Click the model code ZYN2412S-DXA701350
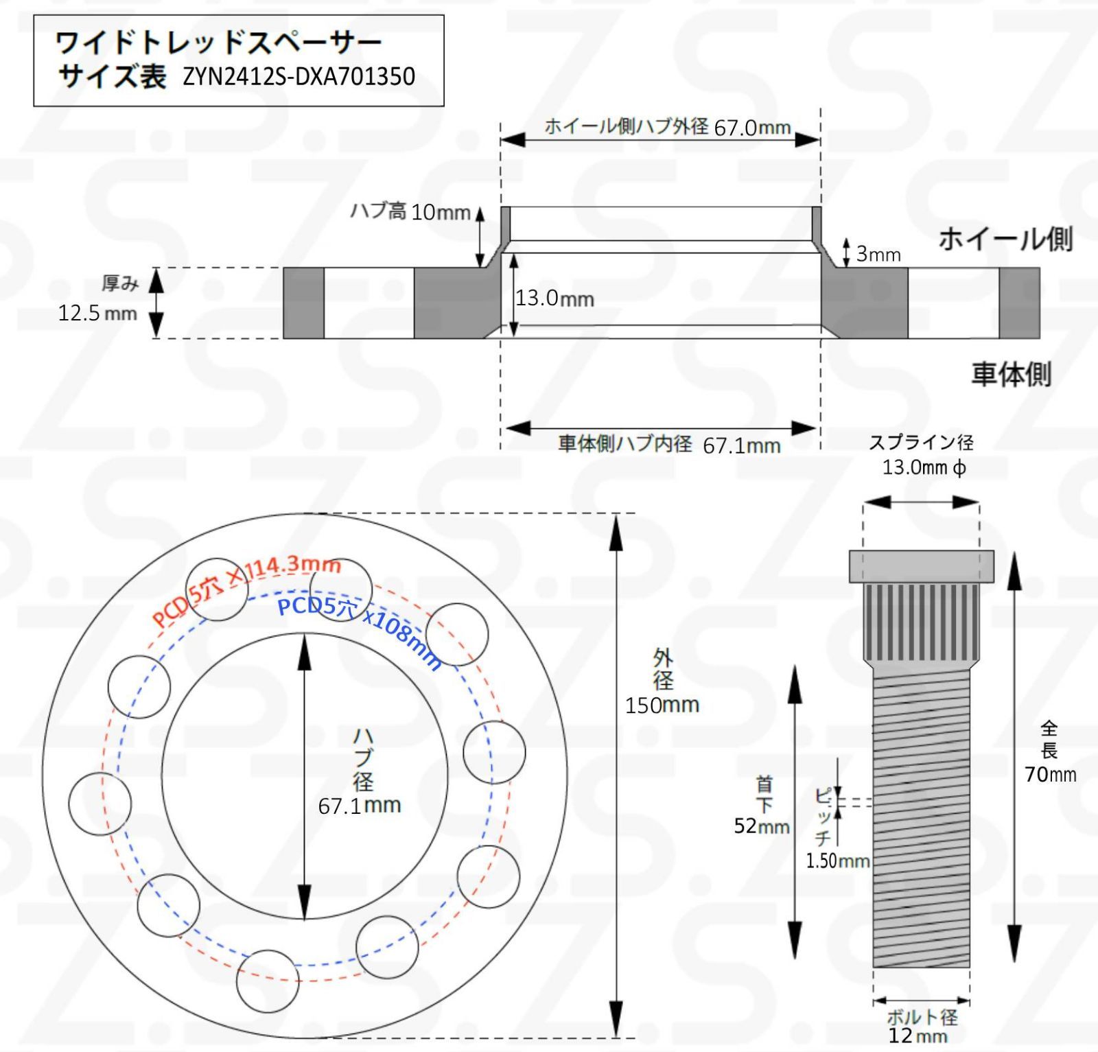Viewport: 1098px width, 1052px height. coord(299,76)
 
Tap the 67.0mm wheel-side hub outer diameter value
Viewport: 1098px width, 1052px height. coord(752,128)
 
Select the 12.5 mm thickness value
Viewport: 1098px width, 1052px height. coord(97,314)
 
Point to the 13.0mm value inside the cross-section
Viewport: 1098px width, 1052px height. coord(554,299)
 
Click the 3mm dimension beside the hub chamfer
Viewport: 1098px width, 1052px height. coord(878,255)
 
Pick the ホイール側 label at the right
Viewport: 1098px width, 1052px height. coord(1005,239)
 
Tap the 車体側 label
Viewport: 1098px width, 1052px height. coord(1011,375)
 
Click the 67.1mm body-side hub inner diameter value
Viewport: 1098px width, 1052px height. coord(741,446)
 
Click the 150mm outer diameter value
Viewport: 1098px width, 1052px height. coord(662,705)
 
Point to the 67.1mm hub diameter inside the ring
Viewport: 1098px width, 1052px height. coord(359,806)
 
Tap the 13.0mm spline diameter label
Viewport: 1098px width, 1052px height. coord(924,468)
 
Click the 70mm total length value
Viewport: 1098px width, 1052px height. coord(1050,775)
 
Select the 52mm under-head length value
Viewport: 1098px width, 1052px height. coord(761,826)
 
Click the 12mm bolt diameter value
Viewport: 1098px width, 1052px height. coord(917,1036)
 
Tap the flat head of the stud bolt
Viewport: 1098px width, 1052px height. coord(921,566)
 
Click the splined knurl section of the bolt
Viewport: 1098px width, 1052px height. coord(921,622)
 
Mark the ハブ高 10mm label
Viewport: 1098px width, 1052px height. coord(410,211)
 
